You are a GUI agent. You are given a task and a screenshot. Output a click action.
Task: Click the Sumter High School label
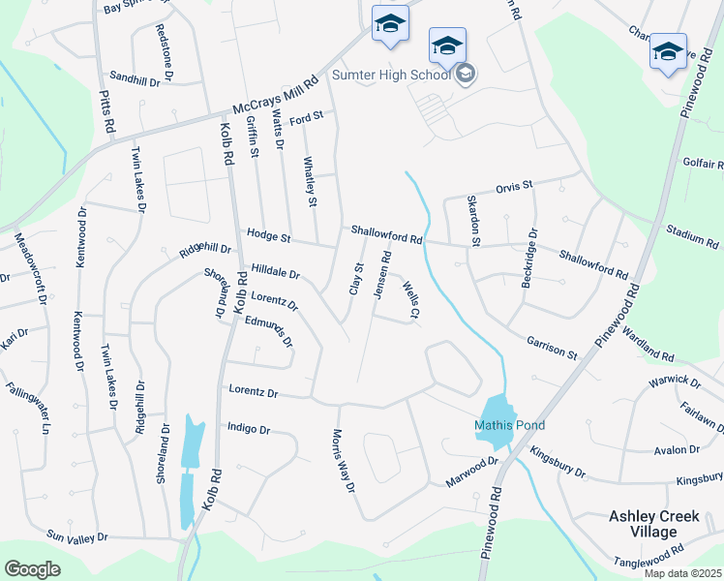[x=391, y=75]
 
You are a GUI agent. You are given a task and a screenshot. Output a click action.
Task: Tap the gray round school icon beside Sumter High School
[x=466, y=75]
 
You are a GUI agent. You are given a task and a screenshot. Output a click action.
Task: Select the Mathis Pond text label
[x=509, y=425]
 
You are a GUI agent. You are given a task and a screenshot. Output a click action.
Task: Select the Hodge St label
[x=268, y=235]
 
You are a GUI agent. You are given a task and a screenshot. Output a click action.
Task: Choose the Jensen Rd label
[x=385, y=271]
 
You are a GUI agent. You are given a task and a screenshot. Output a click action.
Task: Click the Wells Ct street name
[x=411, y=299]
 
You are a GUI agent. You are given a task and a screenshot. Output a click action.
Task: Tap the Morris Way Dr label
[x=343, y=461]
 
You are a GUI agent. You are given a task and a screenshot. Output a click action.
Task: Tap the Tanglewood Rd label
[x=649, y=560]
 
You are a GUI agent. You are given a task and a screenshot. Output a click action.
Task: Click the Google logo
[x=31, y=569]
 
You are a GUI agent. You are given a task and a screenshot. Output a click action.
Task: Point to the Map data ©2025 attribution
[x=681, y=573]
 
